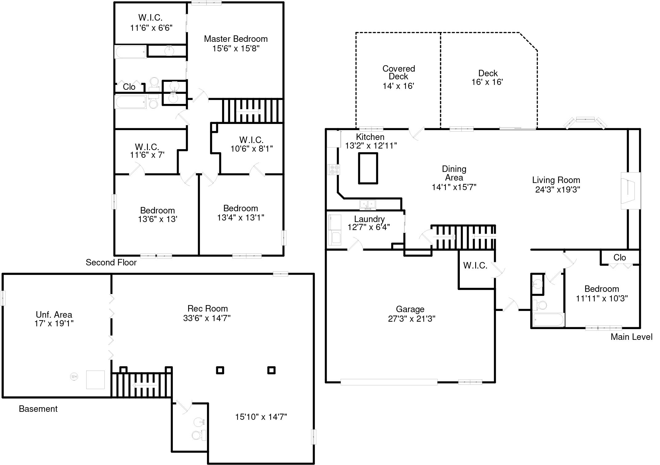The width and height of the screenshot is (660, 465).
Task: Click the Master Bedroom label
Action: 236,39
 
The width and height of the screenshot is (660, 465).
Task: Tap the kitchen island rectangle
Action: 368,168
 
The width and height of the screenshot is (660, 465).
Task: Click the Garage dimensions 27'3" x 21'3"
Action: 411,319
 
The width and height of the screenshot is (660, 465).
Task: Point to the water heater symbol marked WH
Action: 74,376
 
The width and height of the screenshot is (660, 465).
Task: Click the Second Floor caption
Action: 111,262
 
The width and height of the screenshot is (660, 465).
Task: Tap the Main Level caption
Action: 631,337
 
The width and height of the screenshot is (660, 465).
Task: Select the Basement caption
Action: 38,409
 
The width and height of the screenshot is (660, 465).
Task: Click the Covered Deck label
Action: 399,72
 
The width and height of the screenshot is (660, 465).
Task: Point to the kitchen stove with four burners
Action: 334,169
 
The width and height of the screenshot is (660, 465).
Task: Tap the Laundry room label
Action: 369,219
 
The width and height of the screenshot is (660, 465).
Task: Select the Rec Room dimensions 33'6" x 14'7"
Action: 207,318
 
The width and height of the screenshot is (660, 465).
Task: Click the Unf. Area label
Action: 54,315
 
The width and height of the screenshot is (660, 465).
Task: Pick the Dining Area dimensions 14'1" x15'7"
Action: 454,187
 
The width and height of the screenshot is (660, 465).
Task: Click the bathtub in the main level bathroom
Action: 549,320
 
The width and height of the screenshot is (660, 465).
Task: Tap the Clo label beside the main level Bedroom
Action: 619,257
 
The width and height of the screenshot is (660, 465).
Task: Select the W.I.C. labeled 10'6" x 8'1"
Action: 251,144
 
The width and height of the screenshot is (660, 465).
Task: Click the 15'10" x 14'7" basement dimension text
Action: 261,417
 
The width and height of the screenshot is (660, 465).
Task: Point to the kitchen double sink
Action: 368,204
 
